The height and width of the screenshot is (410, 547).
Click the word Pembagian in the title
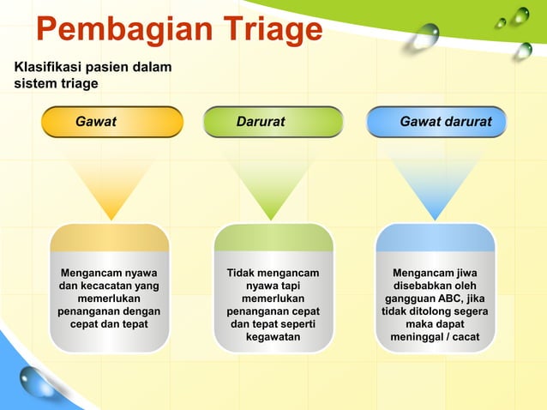click(x=115, y=30)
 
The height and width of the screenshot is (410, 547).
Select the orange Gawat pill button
click(x=112, y=122)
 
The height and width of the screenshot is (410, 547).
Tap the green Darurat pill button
click(x=273, y=122)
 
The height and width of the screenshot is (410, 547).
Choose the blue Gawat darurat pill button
click(x=436, y=122)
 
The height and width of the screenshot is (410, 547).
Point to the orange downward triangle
click(x=109, y=184)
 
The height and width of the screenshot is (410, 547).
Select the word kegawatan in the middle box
click(x=273, y=337)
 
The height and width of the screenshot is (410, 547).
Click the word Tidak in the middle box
click(x=243, y=273)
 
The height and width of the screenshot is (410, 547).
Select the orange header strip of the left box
click(x=109, y=238)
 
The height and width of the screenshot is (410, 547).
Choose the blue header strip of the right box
click(x=435, y=238)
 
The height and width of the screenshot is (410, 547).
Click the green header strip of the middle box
click(x=273, y=238)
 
